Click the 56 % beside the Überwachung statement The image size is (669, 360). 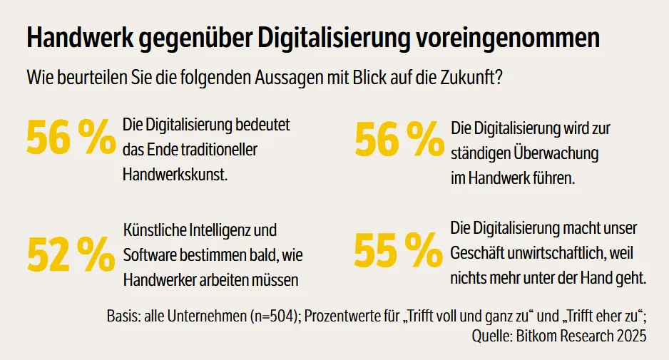point(399,139)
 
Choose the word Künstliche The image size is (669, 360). point(155,231)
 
